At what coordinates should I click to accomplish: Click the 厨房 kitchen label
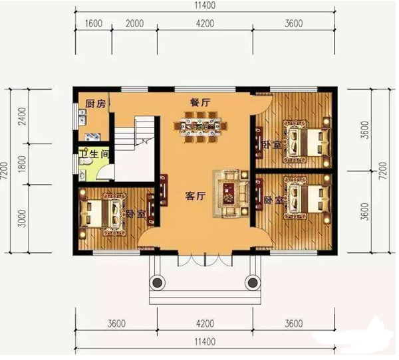95,104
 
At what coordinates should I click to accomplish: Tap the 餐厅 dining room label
200,103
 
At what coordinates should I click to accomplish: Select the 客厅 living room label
195,196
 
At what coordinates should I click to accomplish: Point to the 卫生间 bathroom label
94,154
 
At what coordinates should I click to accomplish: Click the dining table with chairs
200,126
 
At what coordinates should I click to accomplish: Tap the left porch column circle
157,282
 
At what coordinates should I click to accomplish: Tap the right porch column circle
253,282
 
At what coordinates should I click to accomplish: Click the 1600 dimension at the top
93,24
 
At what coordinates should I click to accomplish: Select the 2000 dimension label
134,24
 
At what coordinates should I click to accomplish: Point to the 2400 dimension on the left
22,116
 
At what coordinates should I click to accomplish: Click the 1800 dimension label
22,164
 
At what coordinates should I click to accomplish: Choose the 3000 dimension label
22,219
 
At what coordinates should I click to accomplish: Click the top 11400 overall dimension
205,5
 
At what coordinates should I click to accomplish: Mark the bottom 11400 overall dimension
205,342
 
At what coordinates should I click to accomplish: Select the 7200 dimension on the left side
5,171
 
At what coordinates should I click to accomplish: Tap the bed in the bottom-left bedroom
103,214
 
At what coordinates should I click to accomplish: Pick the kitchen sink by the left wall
82,117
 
